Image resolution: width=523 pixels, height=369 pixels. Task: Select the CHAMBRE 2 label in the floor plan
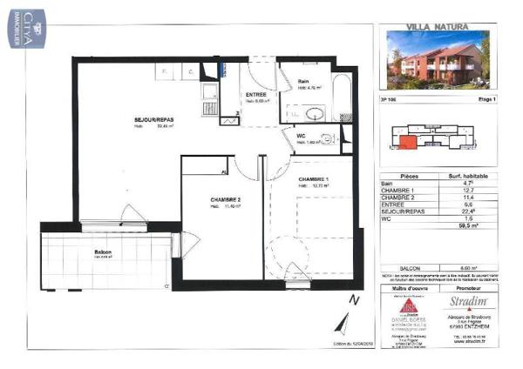(225, 199)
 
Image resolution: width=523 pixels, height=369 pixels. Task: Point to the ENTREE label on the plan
(256, 94)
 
